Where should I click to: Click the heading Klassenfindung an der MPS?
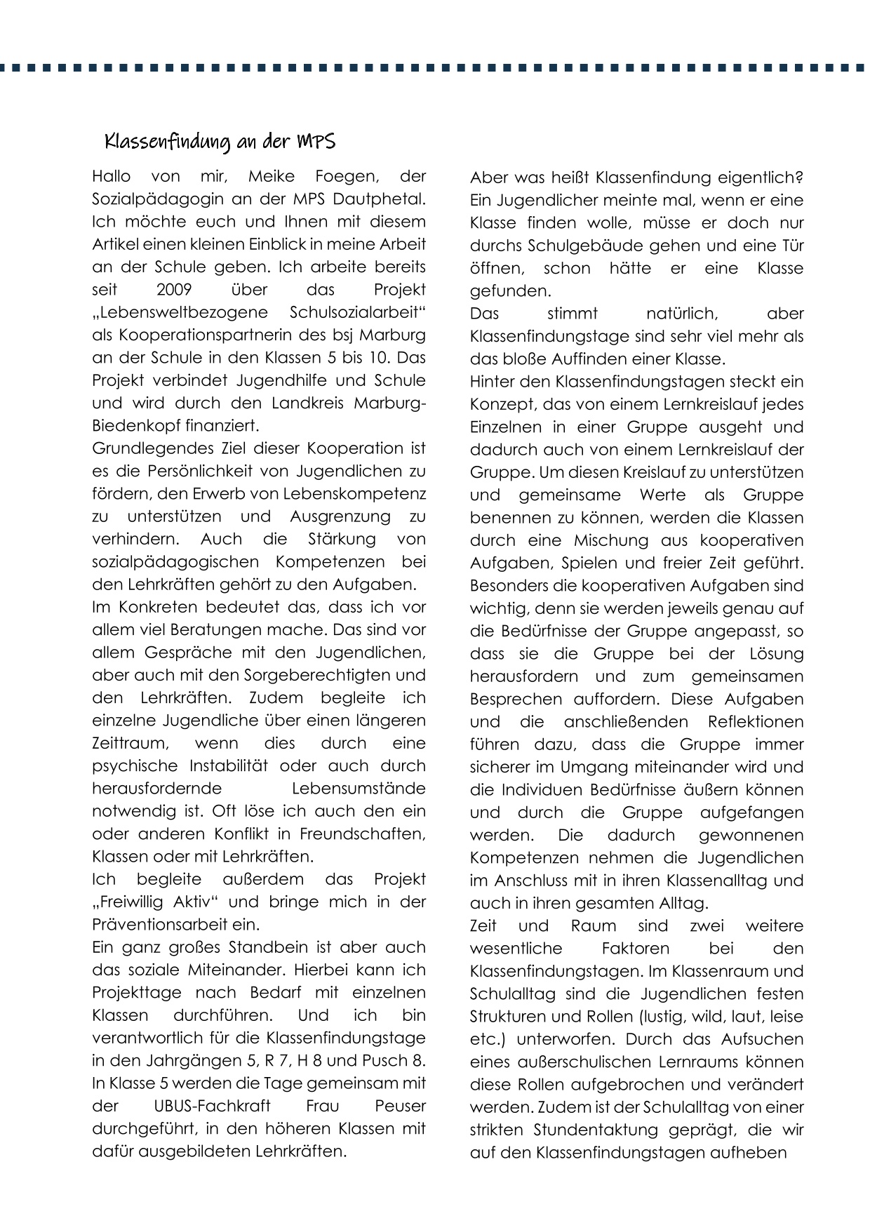pos(220,142)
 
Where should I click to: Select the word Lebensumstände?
pos(358,788)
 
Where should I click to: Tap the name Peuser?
pos(400,1106)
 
